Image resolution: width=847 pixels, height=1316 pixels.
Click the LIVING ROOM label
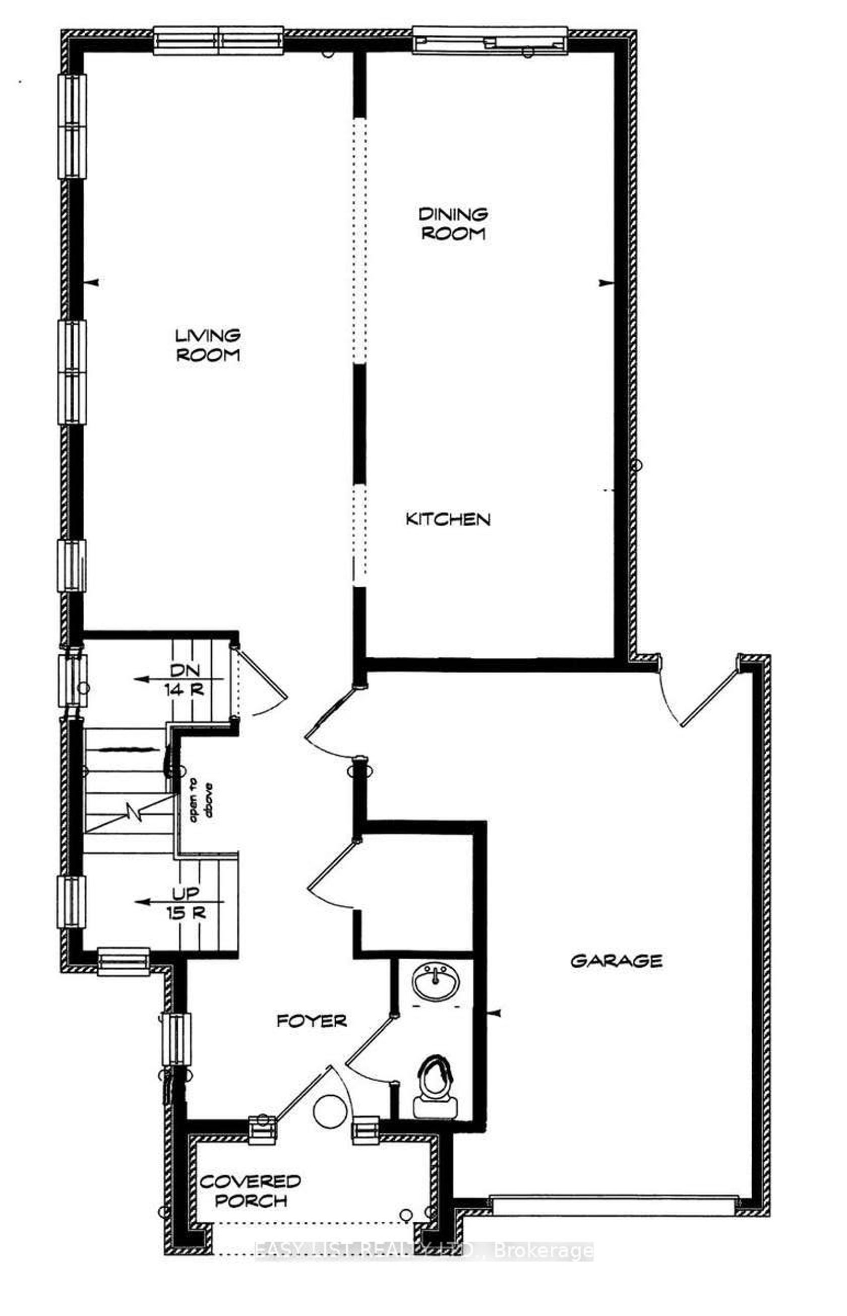coord(208,345)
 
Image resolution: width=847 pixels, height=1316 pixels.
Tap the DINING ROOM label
coord(453,223)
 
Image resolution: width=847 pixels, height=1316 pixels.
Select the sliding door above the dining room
coord(490,40)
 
